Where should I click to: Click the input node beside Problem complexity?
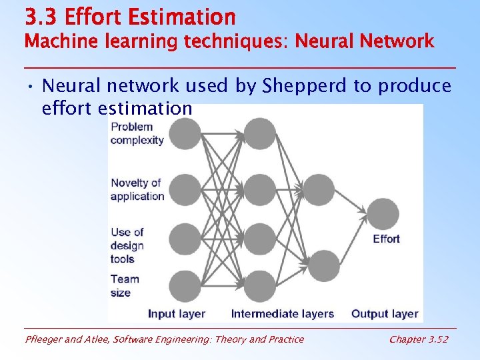point(185,133)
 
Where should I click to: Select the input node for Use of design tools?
point(185,239)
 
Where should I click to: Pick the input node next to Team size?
point(185,286)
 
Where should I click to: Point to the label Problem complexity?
point(137,133)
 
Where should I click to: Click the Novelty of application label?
point(137,189)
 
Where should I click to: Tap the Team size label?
point(125,286)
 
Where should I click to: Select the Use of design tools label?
point(127,245)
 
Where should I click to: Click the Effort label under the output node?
point(386,239)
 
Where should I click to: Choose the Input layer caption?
point(177,313)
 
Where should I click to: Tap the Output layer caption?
point(385,313)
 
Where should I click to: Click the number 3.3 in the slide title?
point(39,16)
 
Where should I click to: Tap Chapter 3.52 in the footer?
point(419,339)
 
